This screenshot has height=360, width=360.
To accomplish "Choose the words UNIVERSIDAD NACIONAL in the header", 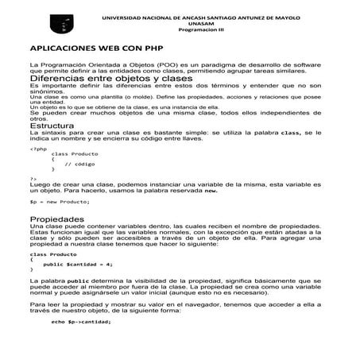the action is click(x=140, y=17).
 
